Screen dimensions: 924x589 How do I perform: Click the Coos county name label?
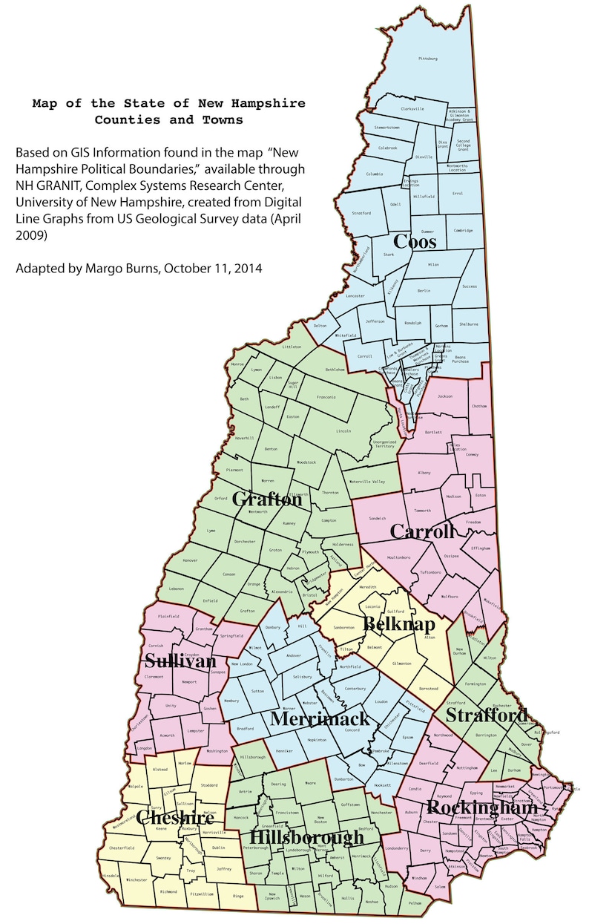tap(415, 242)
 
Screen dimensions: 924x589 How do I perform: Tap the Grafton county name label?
tap(267, 499)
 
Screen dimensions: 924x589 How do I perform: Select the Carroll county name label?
tap(422, 531)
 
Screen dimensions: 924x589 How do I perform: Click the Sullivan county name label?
tap(180, 661)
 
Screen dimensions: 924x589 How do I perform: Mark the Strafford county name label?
tap(486, 715)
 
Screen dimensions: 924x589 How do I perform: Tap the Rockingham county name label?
tap(482, 807)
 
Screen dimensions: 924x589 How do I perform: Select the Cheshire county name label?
tap(176, 818)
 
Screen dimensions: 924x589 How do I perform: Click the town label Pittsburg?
tap(429, 58)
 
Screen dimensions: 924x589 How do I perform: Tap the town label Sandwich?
tap(378, 519)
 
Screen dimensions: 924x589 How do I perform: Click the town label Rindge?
tap(238, 897)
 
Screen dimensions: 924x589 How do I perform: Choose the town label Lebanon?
tap(177, 589)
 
